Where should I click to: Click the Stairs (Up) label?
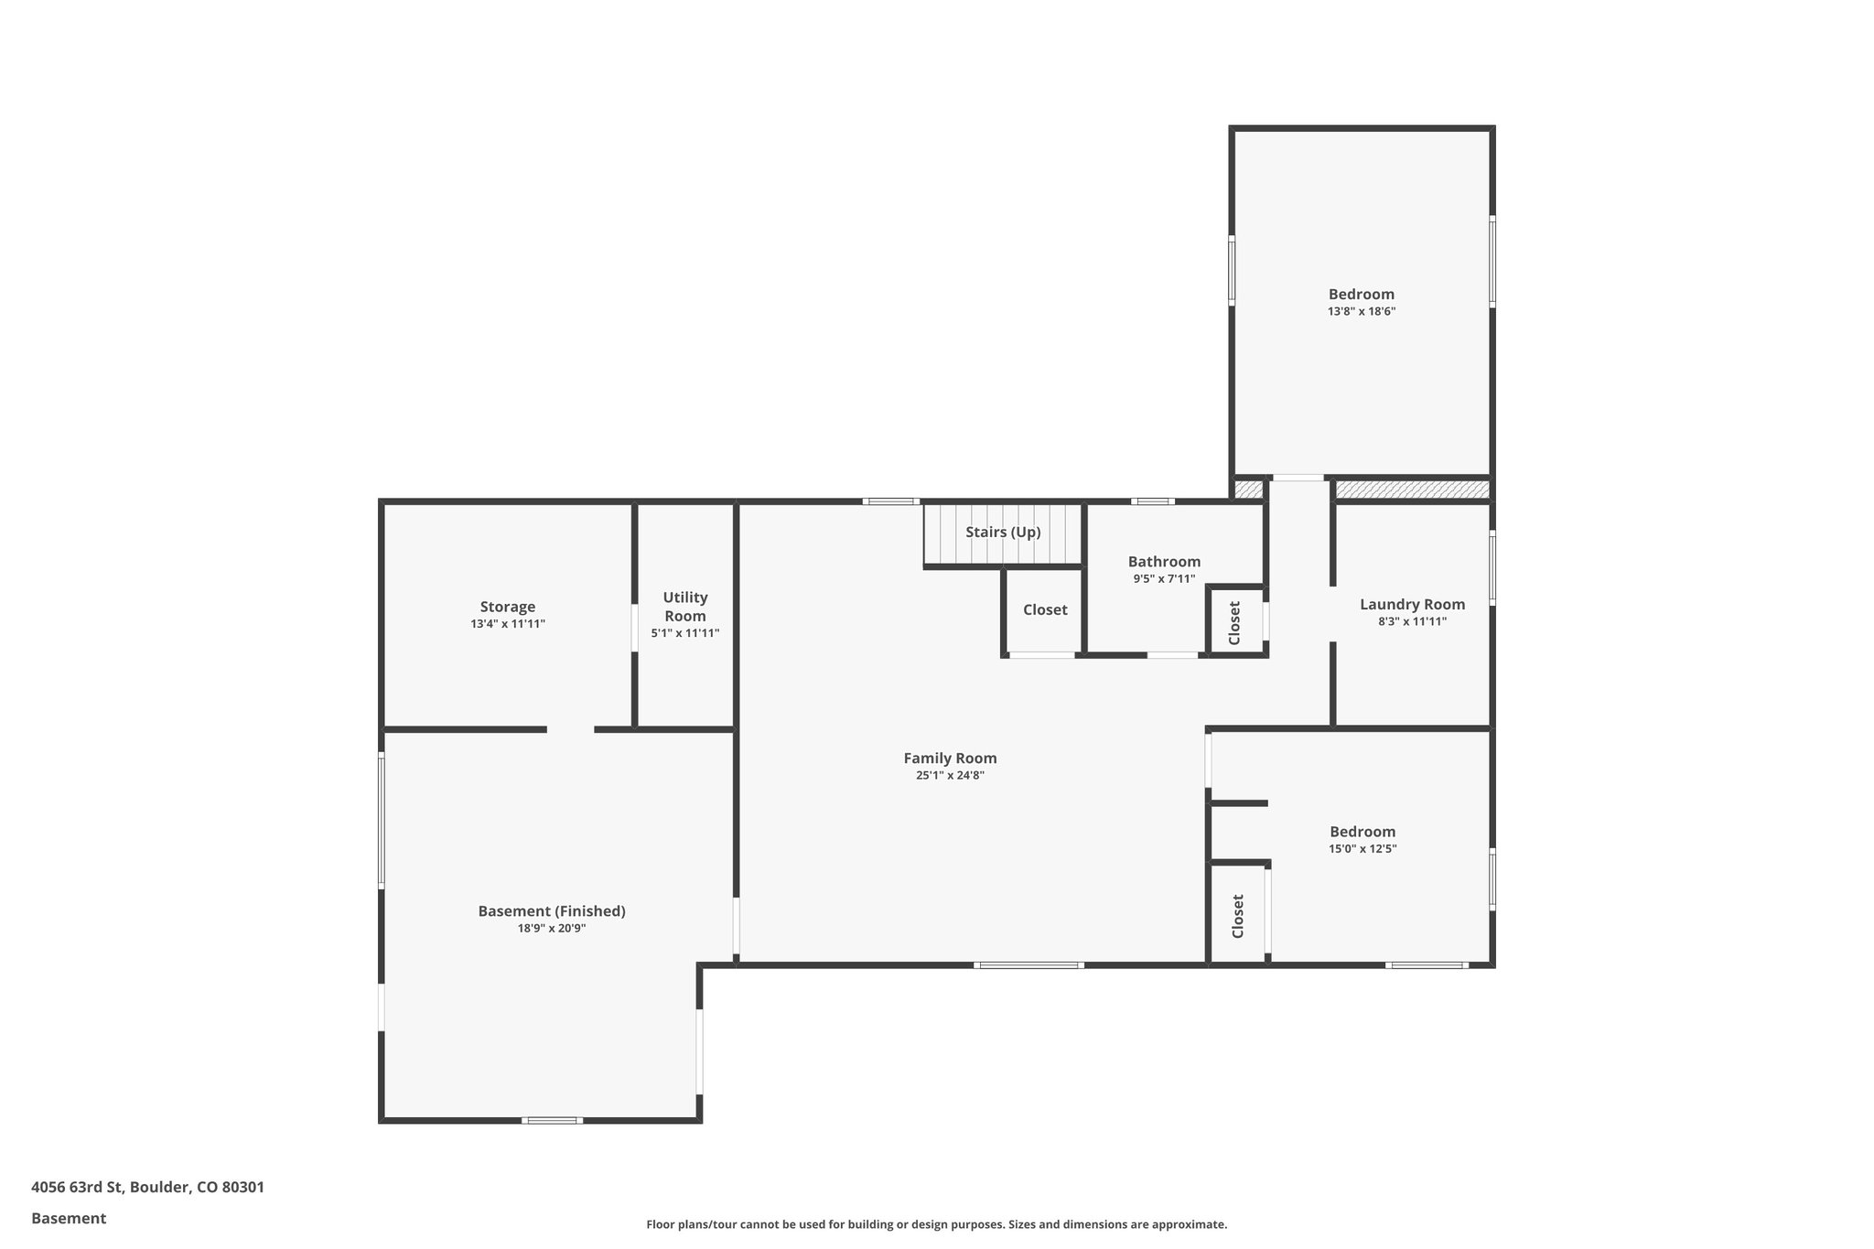pos(1003,532)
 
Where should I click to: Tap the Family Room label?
pos(950,758)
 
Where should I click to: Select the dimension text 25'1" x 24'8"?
pos(950,775)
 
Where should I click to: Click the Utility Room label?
pos(684,606)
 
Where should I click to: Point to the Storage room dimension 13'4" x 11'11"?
pos(508,624)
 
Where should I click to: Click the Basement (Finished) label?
pos(552,910)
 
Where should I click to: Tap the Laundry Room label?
pos(1412,604)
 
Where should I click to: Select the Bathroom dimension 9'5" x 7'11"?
pos(1164,578)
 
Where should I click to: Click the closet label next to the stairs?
pos(1045,609)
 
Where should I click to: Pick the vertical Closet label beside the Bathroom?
pos(1233,622)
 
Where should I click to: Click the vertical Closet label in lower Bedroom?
pos(1238,916)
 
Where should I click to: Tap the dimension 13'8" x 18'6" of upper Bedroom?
pos(1362,311)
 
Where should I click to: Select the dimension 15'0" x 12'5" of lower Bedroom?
pos(1362,848)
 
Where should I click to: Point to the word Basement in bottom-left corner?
pos(69,1218)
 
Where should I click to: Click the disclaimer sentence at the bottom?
pos(936,1224)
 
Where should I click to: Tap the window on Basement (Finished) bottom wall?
pos(552,1120)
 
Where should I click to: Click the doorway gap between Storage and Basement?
pos(570,729)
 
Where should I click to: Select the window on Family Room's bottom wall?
pos(1029,964)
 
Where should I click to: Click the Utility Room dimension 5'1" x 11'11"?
pos(684,633)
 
